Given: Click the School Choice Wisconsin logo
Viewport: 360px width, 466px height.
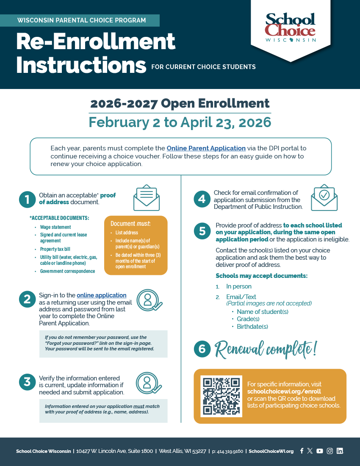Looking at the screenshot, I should click(291, 28).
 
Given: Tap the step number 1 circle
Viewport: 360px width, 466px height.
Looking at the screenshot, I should click(27, 200).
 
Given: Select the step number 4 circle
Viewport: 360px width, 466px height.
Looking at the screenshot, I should click(202, 200).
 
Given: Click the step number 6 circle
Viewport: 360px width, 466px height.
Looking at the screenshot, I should click(202, 349).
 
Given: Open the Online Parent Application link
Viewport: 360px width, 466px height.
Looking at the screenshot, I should click(206, 148).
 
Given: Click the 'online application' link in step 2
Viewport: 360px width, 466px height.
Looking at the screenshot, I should click(102, 295).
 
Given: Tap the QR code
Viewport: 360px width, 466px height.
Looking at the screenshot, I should click(221, 396).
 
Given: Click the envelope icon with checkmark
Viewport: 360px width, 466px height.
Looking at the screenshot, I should click(324, 197).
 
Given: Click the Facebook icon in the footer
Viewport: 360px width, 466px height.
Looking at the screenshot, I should click(302, 451).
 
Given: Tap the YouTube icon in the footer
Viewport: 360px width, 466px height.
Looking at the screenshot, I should click(320, 451).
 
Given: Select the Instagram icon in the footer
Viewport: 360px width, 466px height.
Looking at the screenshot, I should click(330, 451).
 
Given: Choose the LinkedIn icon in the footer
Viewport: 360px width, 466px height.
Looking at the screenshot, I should click(340, 451).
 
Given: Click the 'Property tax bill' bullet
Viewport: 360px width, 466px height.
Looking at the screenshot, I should click(55, 249).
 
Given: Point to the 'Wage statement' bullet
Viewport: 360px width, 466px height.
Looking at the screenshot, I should click(55, 227).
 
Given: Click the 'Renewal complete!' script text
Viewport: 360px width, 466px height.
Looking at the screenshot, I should click(266, 349).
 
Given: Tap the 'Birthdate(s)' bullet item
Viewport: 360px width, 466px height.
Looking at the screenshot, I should click(252, 327).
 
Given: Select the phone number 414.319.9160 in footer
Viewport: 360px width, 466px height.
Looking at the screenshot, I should click(227, 451).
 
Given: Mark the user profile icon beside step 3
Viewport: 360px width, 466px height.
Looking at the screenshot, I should click(149, 383).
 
